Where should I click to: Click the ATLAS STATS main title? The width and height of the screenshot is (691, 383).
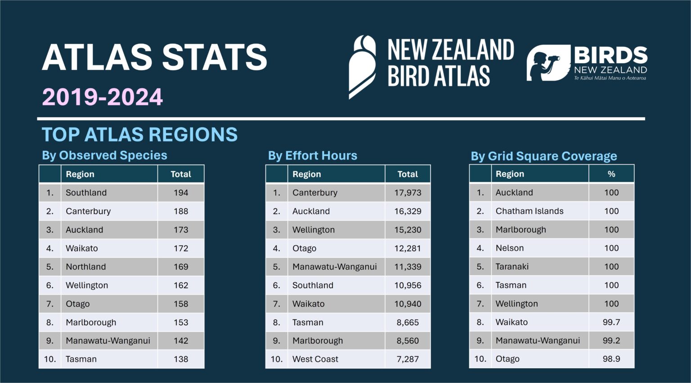pos(154,57)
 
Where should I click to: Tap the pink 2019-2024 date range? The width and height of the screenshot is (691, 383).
pos(103,97)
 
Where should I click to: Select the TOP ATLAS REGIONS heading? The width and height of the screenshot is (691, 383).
pos(139,135)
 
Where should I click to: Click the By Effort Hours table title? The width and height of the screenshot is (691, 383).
pos(312,156)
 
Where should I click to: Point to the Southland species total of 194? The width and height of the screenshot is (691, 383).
pos(181,193)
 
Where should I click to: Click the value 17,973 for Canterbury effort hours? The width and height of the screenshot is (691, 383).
pos(408,193)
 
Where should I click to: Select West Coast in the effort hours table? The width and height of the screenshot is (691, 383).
pos(315,359)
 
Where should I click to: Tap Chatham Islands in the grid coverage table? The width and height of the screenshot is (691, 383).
pos(529,211)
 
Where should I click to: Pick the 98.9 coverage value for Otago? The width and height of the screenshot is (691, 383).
pos(611,359)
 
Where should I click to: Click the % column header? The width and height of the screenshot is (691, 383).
pos(611,174)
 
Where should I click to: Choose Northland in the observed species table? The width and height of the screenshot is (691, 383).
pos(85,267)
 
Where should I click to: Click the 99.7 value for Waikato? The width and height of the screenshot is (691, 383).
pos(611,322)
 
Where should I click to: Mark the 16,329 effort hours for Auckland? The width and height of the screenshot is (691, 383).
pos(408,211)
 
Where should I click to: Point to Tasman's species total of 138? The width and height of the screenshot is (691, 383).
pos(181,359)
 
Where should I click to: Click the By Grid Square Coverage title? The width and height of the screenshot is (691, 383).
pos(543,156)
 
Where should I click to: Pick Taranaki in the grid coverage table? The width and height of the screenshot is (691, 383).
pos(512,267)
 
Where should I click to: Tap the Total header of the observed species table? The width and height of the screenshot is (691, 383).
pos(181,174)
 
